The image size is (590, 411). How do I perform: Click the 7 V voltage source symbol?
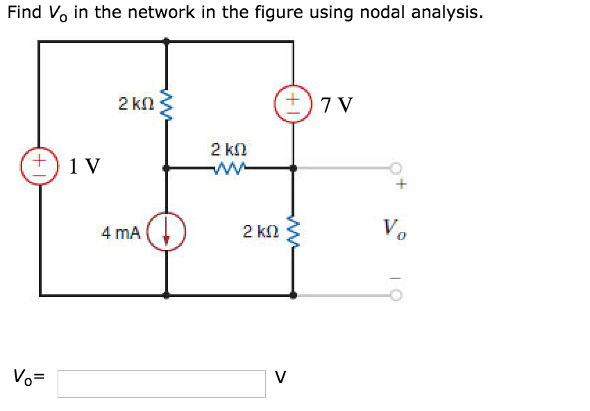[292, 106]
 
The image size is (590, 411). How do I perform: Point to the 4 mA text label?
[121, 233]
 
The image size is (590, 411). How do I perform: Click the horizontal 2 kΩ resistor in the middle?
[229, 167]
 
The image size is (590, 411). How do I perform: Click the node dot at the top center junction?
[166, 42]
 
